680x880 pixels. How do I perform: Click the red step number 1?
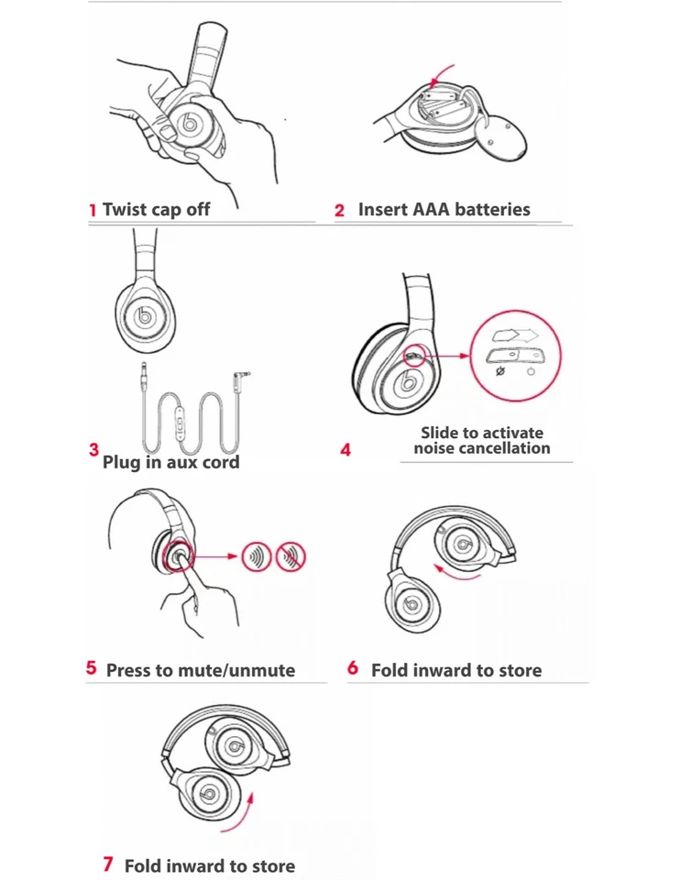(93, 210)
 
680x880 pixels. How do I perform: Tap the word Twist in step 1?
(125, 209)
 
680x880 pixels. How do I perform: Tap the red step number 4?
(345, 450)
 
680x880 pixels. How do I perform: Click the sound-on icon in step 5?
(257, 555)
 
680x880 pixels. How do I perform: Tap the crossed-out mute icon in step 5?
(291, 555)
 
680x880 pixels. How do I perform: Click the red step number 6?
(353, 668)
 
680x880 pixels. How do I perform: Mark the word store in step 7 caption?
(271, 865)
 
